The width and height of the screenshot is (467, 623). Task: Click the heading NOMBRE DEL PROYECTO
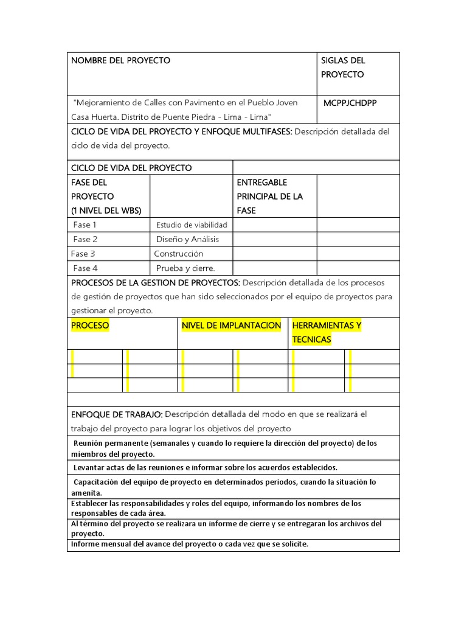pyautogui.click(x=120, y=60)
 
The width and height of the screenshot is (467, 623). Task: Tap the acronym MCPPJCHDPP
pyautogui.click(x=350, y=103)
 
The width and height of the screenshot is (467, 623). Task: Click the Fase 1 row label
pyautogui.click(x=85, y=225)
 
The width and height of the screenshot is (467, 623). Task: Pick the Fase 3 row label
pyautogui.click(x=83, y=254)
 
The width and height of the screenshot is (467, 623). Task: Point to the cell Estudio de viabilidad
pyautogui.click(x=192, y=225)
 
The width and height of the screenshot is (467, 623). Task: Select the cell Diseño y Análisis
pyautogui.click(x=187, y=239)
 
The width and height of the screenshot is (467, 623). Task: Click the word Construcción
pyautogui.click(x=179, y=254)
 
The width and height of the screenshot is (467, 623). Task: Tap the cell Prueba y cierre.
pyautogui.click(x=185, y=268)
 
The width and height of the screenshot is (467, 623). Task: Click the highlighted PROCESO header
pyautogui.click(x=90, y=325)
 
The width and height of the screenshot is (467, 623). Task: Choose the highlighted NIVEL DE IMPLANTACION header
pyautogui.click(x=231, y=325)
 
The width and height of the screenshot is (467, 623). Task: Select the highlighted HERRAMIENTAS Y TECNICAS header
pyautogui.click(x=327, y=332)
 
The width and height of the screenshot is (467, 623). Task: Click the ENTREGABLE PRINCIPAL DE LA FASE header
pyautogui.click(x=269, y=196)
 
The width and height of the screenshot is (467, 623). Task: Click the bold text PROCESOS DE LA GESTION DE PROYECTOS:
pyautogui.click(x=156, y=283)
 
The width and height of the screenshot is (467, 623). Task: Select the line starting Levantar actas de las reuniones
pyautogui.click(x=205, y=467)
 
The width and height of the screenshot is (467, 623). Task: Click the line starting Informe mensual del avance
pyautogui.click(x=190, y=544)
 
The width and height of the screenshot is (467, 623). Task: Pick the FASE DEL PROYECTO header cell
pyautogui.click(x=106, y=196)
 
